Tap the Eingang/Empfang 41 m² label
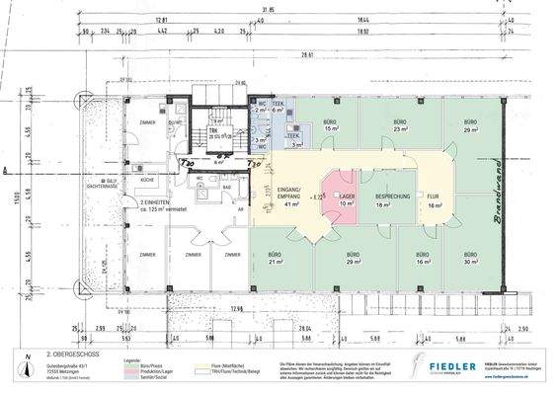(x=291, y=197)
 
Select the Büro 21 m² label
(x=276, y=262)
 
